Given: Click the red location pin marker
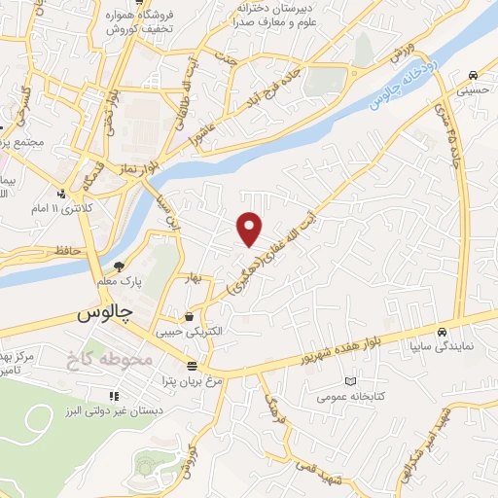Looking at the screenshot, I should (250, 230).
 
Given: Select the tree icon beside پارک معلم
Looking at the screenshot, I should (119, 267).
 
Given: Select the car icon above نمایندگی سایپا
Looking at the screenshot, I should (443, 330).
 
